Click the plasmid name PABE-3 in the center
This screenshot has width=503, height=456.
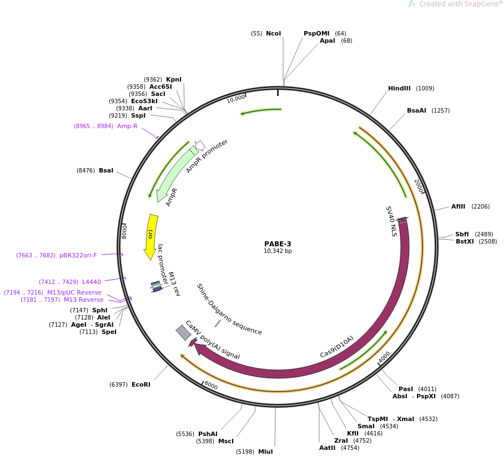(x=278, y=244)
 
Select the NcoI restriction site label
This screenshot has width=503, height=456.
(x=273, y=34)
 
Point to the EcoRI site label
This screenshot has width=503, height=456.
(x=141, y=384)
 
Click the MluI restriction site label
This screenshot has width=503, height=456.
(x=265, y=452)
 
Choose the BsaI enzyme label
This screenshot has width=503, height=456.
(x=106, y=171)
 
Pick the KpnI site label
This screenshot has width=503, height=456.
(x=174, y=80)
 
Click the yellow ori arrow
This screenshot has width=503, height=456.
(x=150, y=236)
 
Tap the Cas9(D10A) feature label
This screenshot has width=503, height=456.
(x=337, y=347)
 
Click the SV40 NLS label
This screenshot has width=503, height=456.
(x=391, y=221)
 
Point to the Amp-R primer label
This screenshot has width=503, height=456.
(x=127, y=126)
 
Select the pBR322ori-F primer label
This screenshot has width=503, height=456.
(x=78, y=256)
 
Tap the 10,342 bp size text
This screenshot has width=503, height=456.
(x=278, y=251)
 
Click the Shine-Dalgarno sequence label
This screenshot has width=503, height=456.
(x=229, y=309)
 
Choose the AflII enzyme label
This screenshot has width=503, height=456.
(x=459, y=207)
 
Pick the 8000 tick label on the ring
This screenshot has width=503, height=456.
(x=125, y=231)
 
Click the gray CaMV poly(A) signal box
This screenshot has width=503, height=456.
(x=183, y=332)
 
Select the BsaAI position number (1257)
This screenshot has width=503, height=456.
(x=440, y=111)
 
